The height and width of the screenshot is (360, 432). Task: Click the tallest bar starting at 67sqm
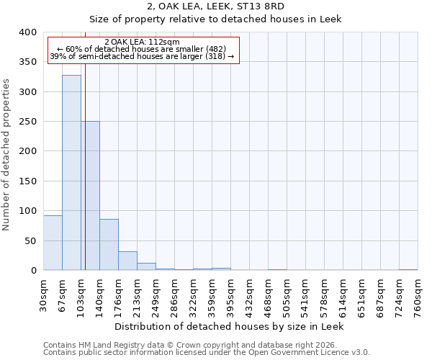tap(71, 173)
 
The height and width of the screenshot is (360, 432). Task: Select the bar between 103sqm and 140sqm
tap(91, 196)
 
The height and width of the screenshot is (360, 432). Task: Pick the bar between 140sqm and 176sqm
tap(109, 245)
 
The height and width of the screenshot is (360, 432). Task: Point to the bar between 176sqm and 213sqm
tap(127, 261)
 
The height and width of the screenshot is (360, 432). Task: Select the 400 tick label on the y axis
tap(28, 32)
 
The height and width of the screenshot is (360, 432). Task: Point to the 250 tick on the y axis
tap(28, 122)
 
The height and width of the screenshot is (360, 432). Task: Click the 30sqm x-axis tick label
tap(44, 293)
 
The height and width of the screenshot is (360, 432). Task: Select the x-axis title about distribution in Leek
tap(230, 326)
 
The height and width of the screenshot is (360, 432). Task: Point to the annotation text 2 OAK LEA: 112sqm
tap(142, 42)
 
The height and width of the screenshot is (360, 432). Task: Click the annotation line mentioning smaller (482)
tap(142, 49)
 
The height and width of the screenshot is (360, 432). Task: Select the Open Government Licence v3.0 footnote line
tap(207, 353)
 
